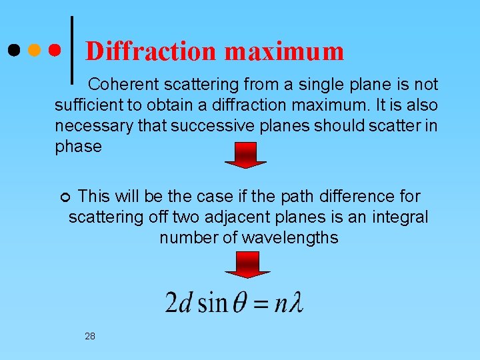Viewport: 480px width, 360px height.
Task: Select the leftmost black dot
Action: click(x=14, y=50)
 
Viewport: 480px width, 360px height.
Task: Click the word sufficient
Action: click(x=85, y=105)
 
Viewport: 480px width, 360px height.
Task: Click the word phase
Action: click(x=78, y=147)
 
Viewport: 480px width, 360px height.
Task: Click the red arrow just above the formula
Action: click(x=247, y=265)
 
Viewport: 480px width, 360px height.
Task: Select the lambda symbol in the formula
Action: click(x=296, y=303)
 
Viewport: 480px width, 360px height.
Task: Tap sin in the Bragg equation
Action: click(x=213, y=303)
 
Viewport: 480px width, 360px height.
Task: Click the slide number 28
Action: click(x=90, y=336)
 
